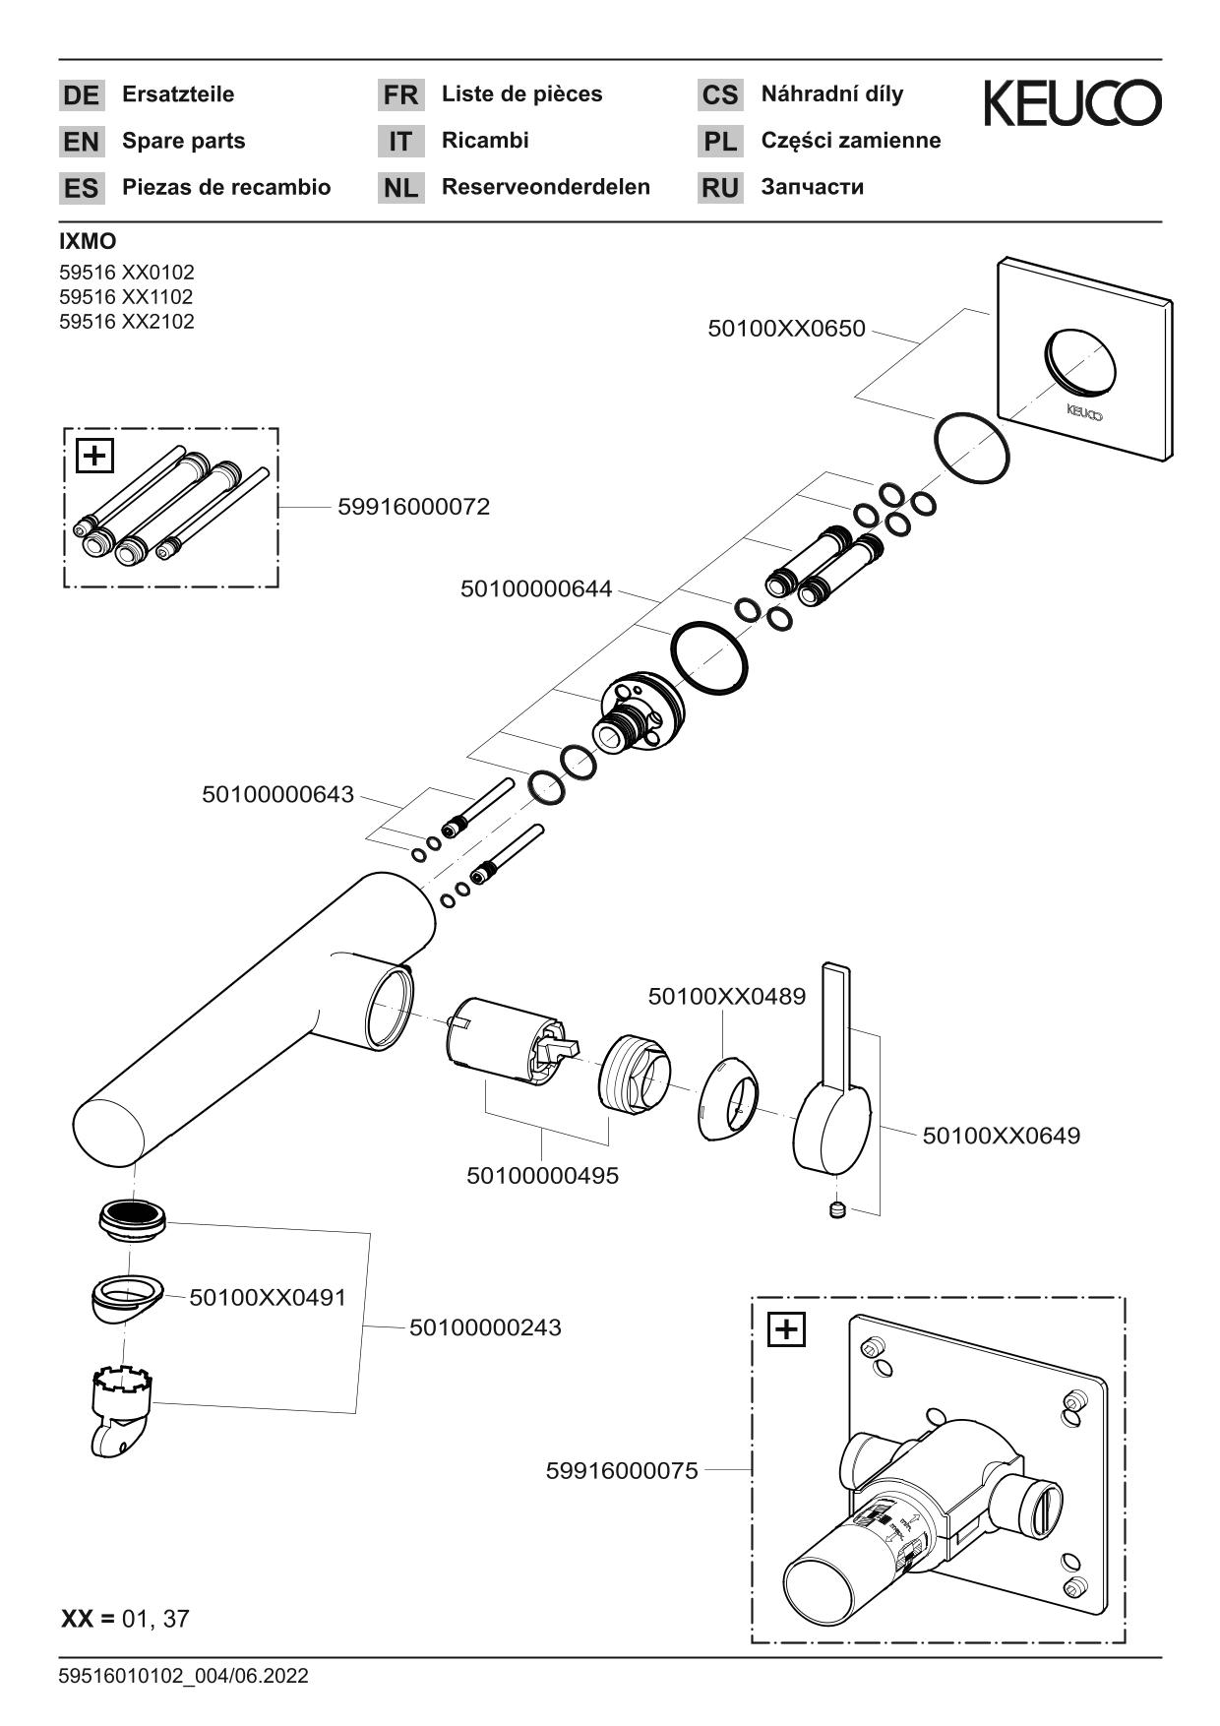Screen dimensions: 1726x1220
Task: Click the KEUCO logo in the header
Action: [x=1071, y=103]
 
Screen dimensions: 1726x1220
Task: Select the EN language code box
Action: [x=81, y=142]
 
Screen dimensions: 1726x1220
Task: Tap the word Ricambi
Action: [x=485, y=141]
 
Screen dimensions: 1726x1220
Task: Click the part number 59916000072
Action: [x=413, y=507]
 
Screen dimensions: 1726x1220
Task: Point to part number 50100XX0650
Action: [x=786, y=329]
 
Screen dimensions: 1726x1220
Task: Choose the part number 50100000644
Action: [x=536, y=589]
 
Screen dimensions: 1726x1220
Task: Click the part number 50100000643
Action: [x=277, y=794]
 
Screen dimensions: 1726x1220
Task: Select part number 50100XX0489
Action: [x=726, y=996]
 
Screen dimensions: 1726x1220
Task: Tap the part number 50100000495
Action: [x=542, y=1175]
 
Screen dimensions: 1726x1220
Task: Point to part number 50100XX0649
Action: [x=1001, y=1136]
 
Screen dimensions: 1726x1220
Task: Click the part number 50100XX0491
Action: [x=268, y=1297]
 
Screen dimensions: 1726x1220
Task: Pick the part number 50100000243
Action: [x=485, y=1327]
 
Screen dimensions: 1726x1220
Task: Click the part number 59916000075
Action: [x=622, y=1470]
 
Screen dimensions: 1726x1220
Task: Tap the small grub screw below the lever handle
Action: [x=837, y=1209]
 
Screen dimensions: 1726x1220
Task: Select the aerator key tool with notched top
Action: [x=120, y=1407]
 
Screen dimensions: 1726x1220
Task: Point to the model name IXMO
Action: [x=88, y=242]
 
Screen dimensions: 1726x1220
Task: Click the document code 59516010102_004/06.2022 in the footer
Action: [x=184, y=1676]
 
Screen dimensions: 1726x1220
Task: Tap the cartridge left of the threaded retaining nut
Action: [x=507, y=1044]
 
